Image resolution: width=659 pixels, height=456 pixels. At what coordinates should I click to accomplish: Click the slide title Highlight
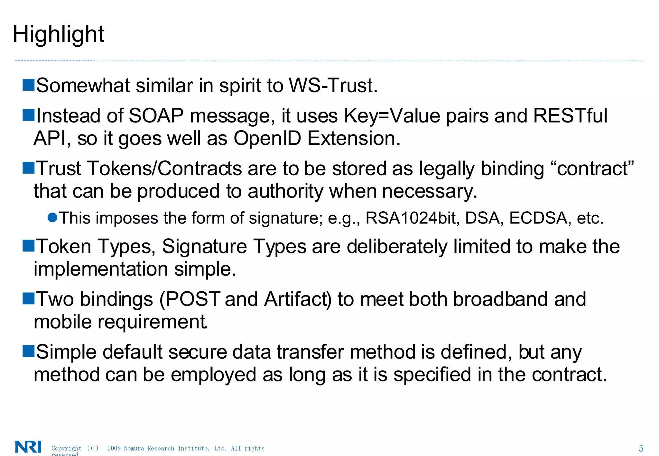tap(59, 34)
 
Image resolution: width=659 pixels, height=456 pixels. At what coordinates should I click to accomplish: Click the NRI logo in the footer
tap(28, 447)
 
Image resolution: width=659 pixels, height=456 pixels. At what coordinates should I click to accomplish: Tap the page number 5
tap(641, 448)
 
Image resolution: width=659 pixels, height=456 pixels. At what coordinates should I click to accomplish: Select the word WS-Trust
tap(333, 86)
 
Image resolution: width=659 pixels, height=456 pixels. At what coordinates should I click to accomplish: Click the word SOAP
tap(156, 116)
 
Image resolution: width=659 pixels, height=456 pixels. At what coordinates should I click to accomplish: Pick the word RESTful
tap(570, 116)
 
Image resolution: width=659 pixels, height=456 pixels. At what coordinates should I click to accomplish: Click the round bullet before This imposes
tap(52, 217)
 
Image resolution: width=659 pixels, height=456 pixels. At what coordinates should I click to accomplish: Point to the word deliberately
tap(397, 247)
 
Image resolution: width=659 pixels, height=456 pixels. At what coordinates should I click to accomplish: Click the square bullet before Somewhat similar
tap(28, 85)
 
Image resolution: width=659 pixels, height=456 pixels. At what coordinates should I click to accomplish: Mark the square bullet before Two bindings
tap(28, 298)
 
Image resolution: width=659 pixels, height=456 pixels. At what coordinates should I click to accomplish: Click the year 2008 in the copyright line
tap(114, 448)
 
